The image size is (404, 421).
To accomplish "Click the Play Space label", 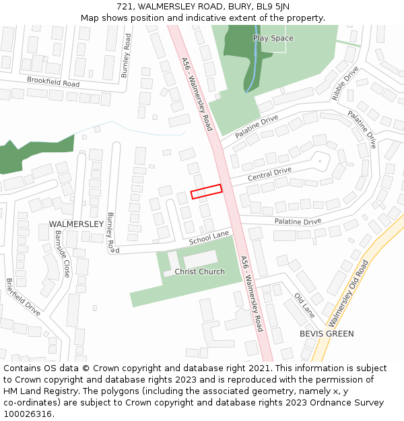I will pos(273,38).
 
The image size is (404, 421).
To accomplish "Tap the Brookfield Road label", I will pos(53,82).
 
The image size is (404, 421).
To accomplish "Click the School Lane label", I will pos(209,238).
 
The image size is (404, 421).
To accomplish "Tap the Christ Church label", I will pos(200,271).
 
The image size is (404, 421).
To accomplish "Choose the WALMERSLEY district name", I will pos(76,224).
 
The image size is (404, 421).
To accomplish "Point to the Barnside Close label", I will pos(62,253).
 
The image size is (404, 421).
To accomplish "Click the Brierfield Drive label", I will pos(24,297).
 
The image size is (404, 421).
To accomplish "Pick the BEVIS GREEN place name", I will pos(327,333).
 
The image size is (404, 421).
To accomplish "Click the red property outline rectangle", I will pos(206,191).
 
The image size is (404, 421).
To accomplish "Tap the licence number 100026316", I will pos(28,414).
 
